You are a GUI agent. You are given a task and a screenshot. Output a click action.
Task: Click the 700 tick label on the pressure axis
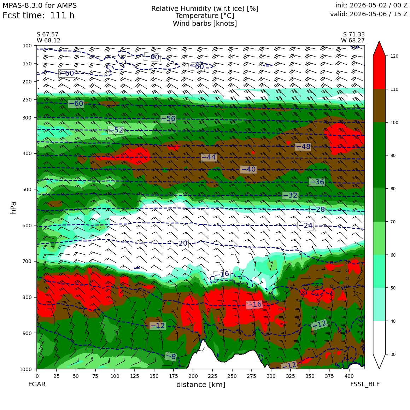tap(27, 261)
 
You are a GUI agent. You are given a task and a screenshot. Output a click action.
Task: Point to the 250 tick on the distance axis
tap(232, 376)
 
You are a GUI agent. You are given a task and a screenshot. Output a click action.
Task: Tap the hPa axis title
tap(13, 207)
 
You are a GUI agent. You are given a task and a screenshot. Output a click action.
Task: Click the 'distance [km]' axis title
tap(201, 385)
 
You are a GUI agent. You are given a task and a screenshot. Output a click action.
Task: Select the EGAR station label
tap(37, 384)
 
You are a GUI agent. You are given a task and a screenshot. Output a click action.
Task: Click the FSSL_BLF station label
tap(365, 384)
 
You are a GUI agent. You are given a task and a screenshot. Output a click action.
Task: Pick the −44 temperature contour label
tap(209, 157)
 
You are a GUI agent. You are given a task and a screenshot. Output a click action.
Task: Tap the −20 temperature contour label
tap(180, 244)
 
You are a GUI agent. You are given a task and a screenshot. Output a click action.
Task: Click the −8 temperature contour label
tap(171, 356)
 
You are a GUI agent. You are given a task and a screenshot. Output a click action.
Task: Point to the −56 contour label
tap(168, 119)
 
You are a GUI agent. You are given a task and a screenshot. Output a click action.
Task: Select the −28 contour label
tap(318, 210)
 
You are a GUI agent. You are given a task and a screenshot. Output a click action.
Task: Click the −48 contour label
tap(303, 147)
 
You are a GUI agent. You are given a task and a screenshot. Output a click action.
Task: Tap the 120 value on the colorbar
tap(394, 56)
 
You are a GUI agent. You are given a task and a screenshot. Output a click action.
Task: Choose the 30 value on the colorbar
tap(393, 354)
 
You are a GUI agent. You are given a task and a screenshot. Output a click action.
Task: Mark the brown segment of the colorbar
tap(379, 106)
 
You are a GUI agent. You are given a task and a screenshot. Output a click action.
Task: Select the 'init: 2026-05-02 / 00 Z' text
tap(371, 5)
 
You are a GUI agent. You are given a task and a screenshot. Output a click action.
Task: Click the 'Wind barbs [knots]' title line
tap(205, 24)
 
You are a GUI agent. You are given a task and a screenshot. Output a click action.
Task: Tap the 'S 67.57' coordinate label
tap(48, 35)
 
